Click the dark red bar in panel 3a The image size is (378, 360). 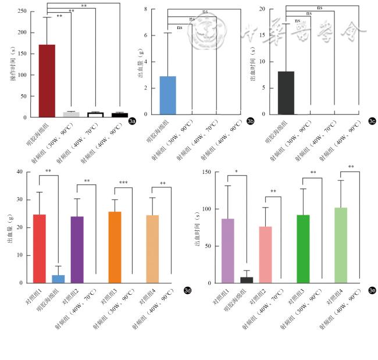click(47, 81)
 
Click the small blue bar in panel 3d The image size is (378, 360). click(58, 279)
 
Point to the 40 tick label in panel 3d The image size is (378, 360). click(19, 172)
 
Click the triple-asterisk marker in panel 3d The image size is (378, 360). click(123, 183)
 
